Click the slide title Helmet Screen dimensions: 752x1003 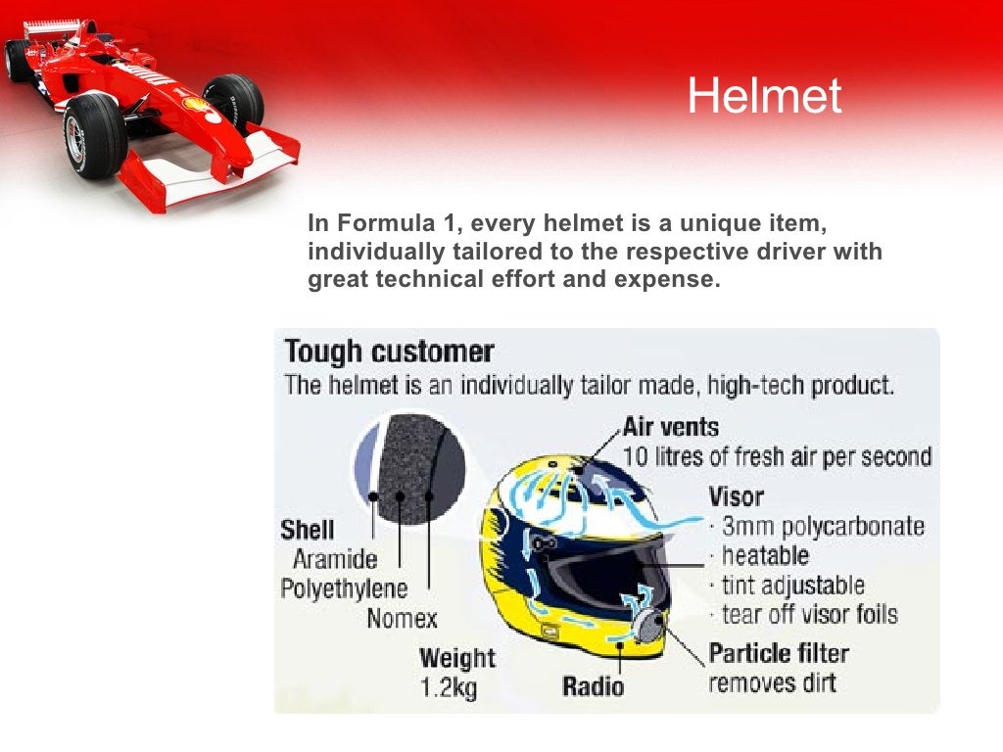[764, 96]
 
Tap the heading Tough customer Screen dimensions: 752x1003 [389, 352]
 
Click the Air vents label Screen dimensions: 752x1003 [670, 427]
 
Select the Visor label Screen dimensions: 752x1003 [736, 495]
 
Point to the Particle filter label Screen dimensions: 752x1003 [779, 653]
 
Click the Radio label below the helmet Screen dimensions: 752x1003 [593, 685]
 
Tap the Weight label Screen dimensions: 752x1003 [457, 658]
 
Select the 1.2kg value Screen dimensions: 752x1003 [449, 688]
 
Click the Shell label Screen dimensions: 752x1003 [307, 530]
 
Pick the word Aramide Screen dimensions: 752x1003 [335, 559]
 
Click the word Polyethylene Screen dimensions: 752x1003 [344, 588]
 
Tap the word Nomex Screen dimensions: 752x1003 [402, 619]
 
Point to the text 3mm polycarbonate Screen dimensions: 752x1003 [823, 526]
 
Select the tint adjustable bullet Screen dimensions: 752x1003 [793, 586]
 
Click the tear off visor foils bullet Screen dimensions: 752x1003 [809, 615]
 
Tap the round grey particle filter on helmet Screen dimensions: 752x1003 [648, 625]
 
